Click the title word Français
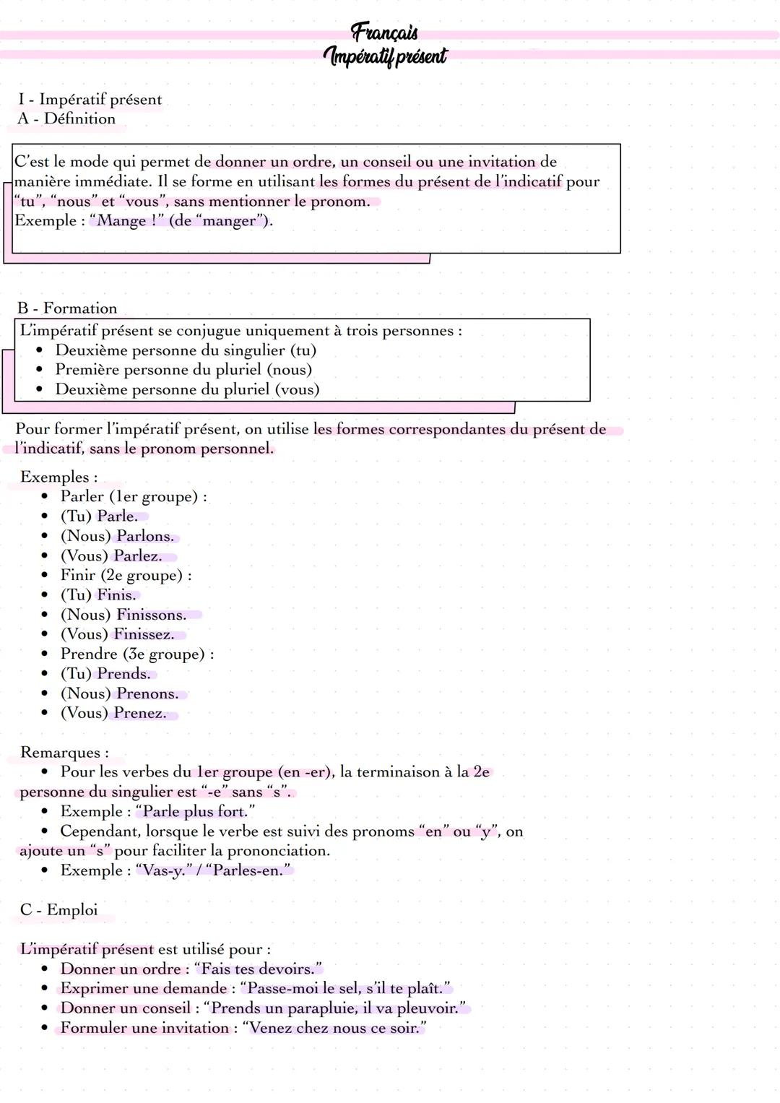(x=384, y=32)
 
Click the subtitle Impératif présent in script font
(x=385, y=56)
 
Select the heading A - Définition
(x=66, y=118)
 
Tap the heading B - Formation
(x=67, y=308)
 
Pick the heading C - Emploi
(x=58, y=909)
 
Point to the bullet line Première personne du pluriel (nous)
(x=183, y=369)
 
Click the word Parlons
(x=145, y=536)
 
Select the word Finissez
(x=144, y=634)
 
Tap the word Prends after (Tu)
(x=123, y=673)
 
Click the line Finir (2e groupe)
(x=126, y=575)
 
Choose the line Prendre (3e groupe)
(x=136, y=654)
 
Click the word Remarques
(x=64, y=752)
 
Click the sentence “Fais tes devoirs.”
(x=258, y=969)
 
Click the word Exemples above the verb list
(x=58, y=477)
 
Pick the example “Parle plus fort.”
(x=195, y=811)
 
